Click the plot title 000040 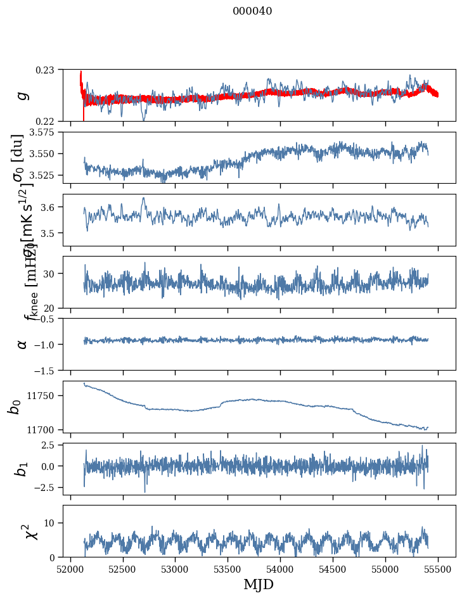pyautogui.click(x=252, y=11)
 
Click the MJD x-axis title pyautogui.click(x=259, y=584)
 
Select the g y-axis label pyautogui.click(x=23, y=95)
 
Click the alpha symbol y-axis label pyautogui.click(x=23, y=344)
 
